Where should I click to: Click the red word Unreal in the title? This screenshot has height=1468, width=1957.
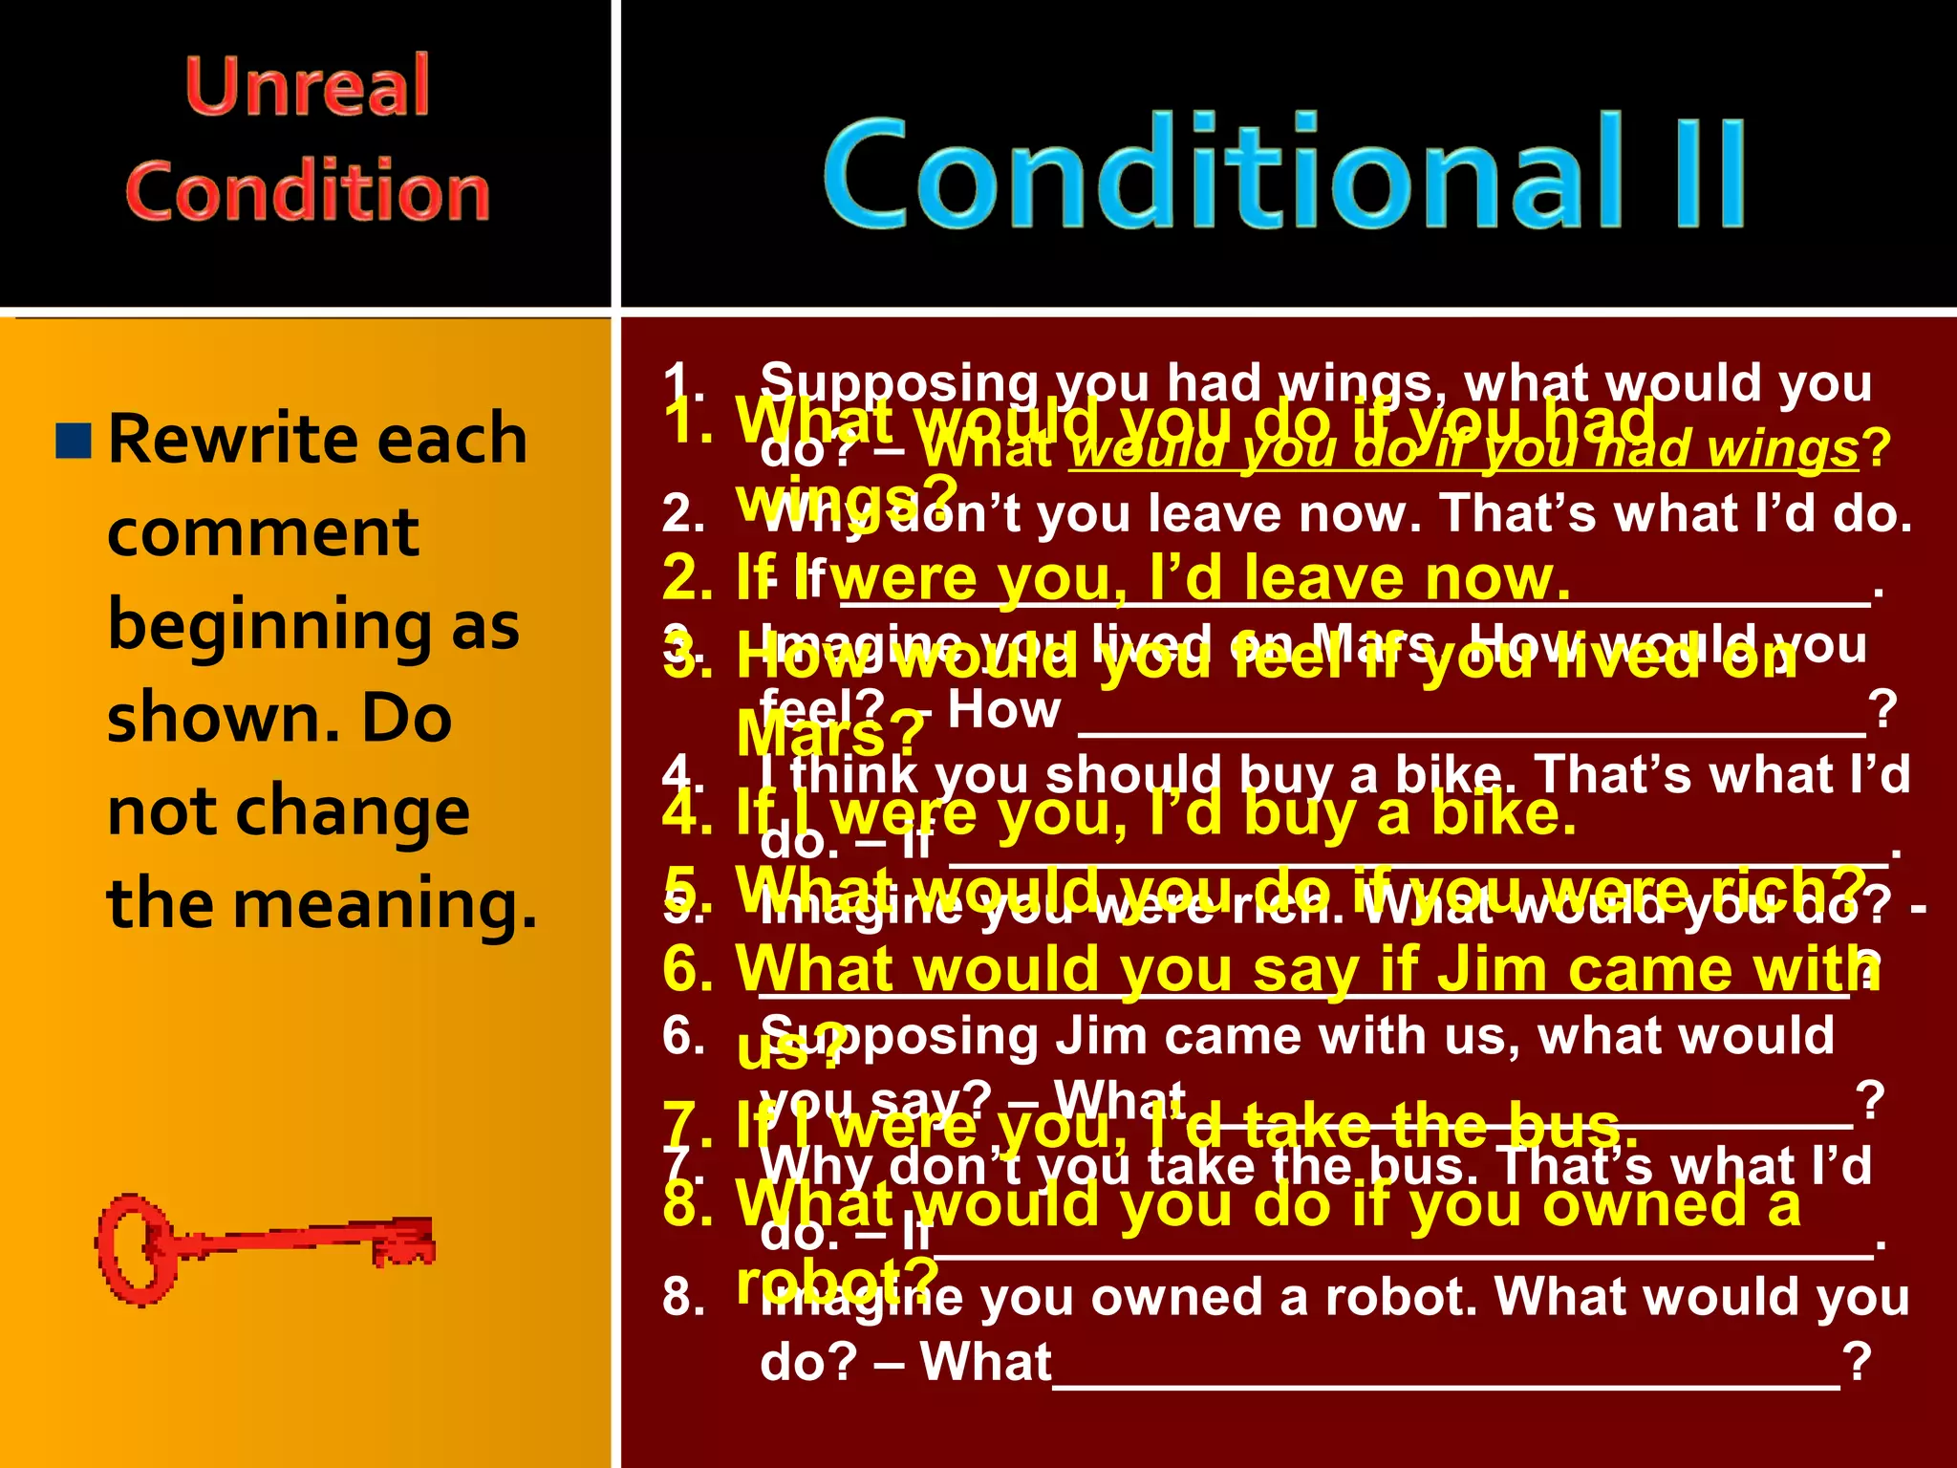tap(307, 86)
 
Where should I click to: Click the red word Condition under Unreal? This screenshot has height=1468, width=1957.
tap(307, 191)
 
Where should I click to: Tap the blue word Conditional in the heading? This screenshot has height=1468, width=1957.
tap(1223, 172)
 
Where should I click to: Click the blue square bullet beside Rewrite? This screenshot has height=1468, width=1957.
tap(74, 441)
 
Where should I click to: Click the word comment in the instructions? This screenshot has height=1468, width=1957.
tap(263, 532)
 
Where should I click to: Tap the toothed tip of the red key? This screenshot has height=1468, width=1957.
tap(405, 1242)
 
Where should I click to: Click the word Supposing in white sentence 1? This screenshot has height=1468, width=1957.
tap(898, 383)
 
